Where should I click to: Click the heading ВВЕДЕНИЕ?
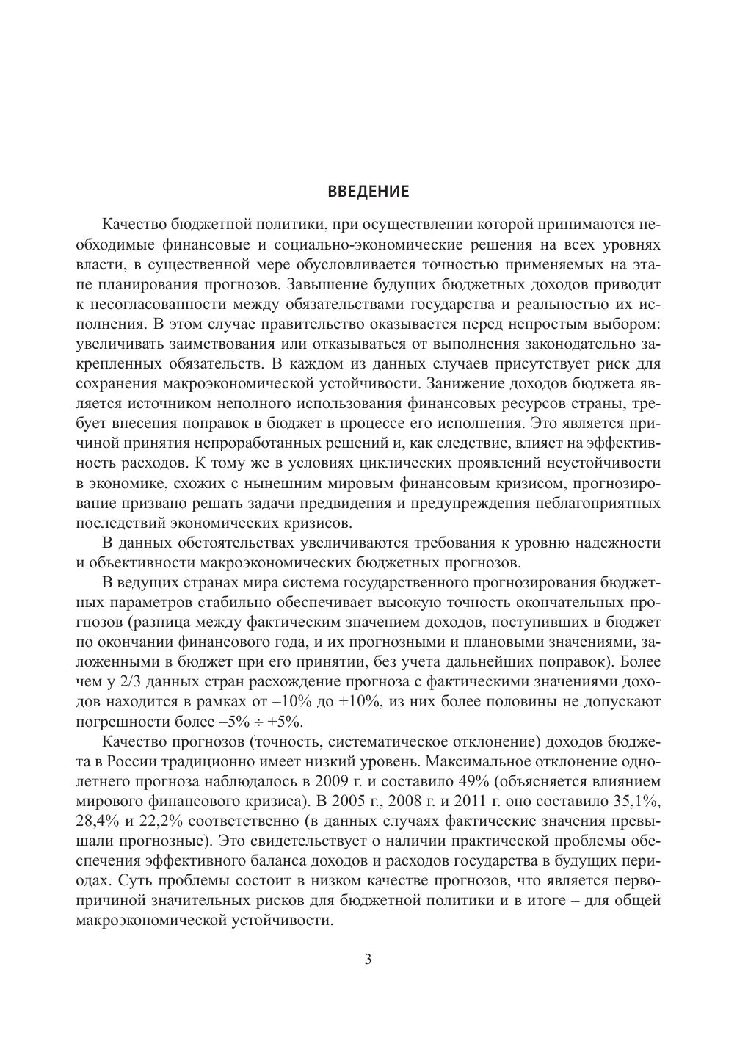pyautogui.click(x=368, y=192)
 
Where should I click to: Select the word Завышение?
pyautogui.click(x=324, y=283)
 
